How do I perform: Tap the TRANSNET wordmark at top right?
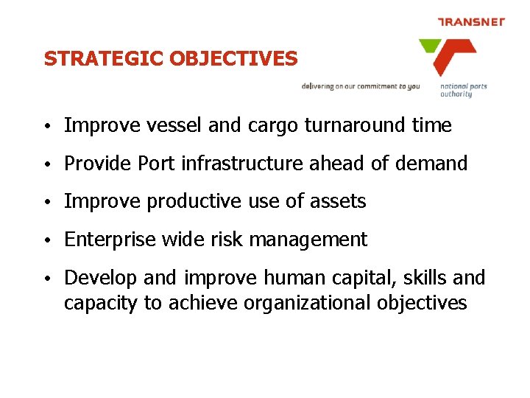click(471, 22)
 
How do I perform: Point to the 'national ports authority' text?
click(463, 90)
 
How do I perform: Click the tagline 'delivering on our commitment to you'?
click(361, 86)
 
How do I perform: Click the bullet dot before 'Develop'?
click(46, 279)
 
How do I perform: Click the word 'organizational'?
click(305, 303)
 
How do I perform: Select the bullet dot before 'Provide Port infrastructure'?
click(46, 164)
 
